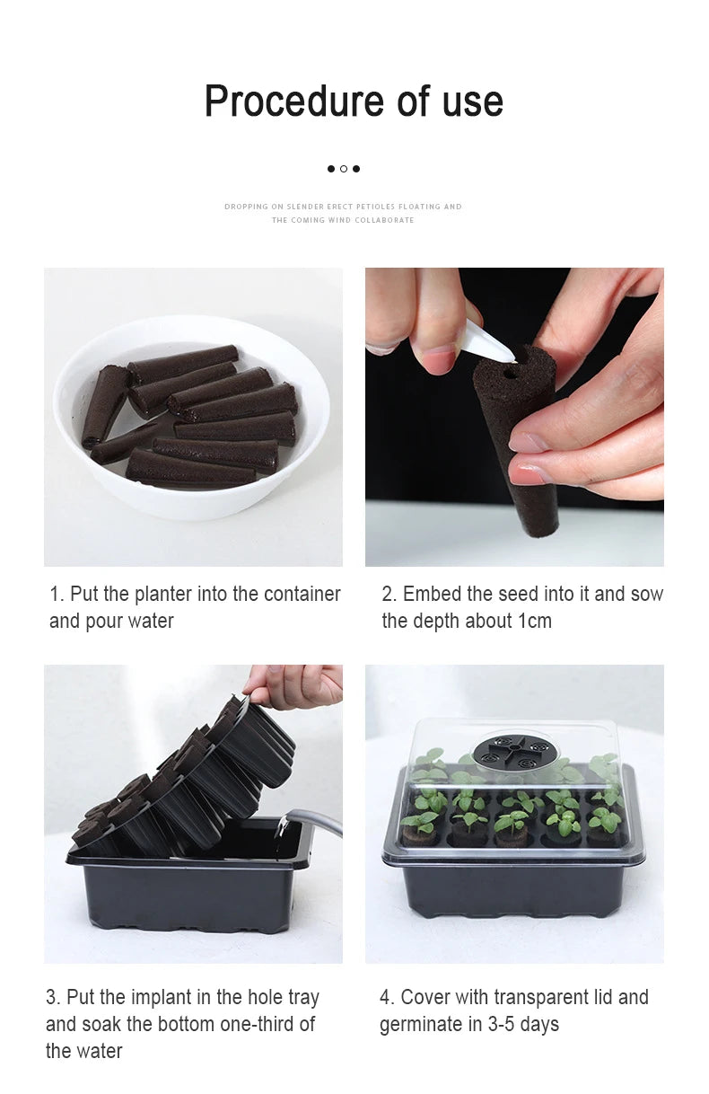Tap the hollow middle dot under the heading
click(x=344, y=169)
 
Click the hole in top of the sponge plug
click(x=509, y=367)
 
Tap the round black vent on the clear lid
click(x=514, y=748)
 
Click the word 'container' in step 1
click(x=300, y=594)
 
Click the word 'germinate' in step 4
click(x=421, y=1024)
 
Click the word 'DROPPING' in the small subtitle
click(x=246, y=207)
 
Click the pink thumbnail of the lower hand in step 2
click(x=527, y=442)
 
